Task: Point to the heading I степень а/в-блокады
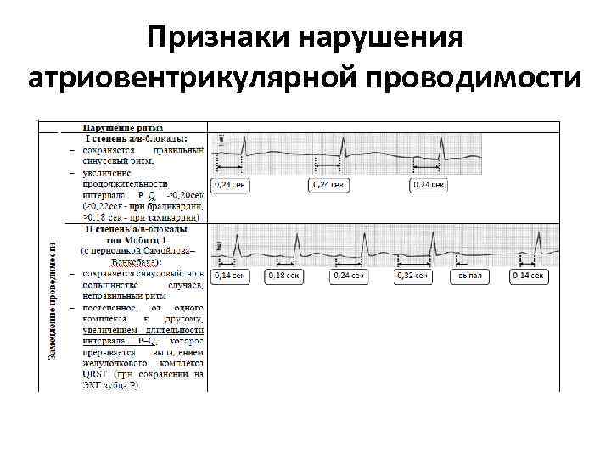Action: tap(136, 138)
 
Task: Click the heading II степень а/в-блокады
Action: tap(140, 229)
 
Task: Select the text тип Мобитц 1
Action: tap(140, 240)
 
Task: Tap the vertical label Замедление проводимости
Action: tap(53, 299)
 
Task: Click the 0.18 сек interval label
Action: tap(283, 276)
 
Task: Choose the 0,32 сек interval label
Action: tap(412, 276)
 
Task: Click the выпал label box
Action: tap(470, 276)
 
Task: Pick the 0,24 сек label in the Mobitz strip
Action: tap(349, 276)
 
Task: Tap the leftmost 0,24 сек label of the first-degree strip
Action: tap(229, 184)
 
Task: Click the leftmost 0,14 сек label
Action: tap(229, 276)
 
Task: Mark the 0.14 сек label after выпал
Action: tap(528, 276)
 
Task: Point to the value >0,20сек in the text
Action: tap(185, 194)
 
